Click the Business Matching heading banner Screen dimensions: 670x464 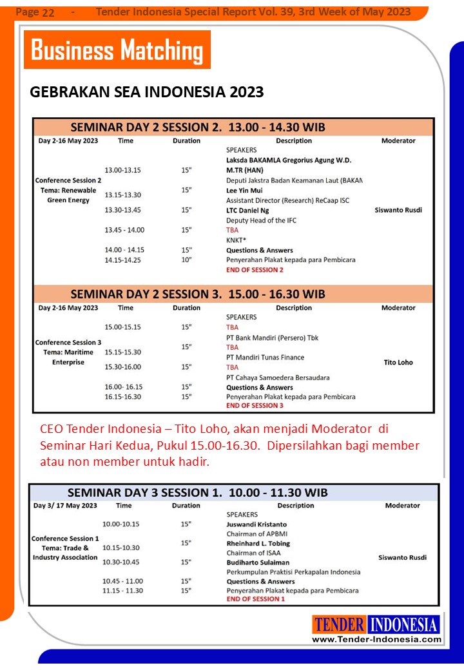(x=117, y=50)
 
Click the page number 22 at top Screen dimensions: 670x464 (x=48, y=12)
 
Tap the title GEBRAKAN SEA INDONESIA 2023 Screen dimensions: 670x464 (x=147, y=92)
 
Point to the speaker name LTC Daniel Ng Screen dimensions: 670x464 (x=247, y=210)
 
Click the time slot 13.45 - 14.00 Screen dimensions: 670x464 (x=124, y=230)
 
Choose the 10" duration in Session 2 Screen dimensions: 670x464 (x=186, y=260)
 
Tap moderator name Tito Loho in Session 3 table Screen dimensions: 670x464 (x=398, y=363)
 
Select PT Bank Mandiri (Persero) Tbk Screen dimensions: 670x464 (x=272, y=338)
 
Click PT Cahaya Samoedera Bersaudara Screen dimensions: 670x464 (x=278, y=378)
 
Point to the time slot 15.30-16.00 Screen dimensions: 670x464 (x=123, y=367)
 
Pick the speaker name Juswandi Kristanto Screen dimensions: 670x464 (x=256, y=524)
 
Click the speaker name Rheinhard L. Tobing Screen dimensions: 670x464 (x=258, y=543)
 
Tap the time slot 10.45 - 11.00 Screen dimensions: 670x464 (x=122, y=581)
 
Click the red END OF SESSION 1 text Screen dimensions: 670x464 (x=255, y=599)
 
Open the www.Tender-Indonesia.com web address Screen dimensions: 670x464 (x=376, y=639)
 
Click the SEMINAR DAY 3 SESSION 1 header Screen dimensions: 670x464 (x=197, y=493)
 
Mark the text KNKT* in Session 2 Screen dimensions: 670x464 (x=237, y=240)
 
